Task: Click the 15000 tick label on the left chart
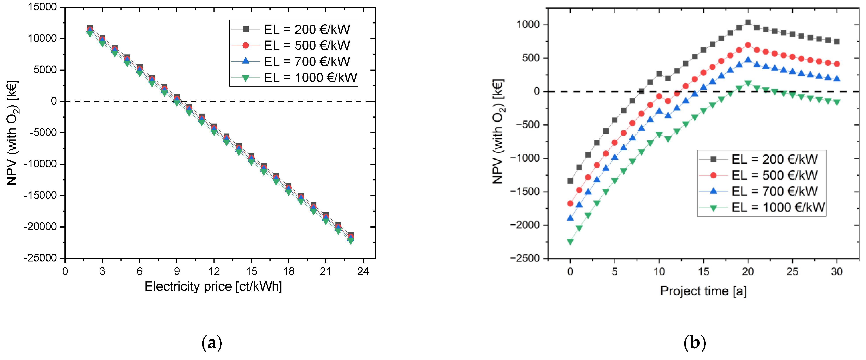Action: pos(42,7)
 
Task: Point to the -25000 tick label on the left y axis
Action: pos(40,258)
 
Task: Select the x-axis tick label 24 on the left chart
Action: pos(363,271)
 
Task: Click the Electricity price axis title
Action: pos(213,287)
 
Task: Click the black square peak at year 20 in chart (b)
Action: pos(748,23)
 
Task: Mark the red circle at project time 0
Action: pos(570,203)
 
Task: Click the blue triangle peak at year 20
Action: pos(748,60)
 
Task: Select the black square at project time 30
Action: pos(837,41)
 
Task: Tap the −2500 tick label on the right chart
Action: pos(525,258)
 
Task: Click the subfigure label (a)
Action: pos(212,343)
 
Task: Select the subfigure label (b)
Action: pos(695,343)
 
